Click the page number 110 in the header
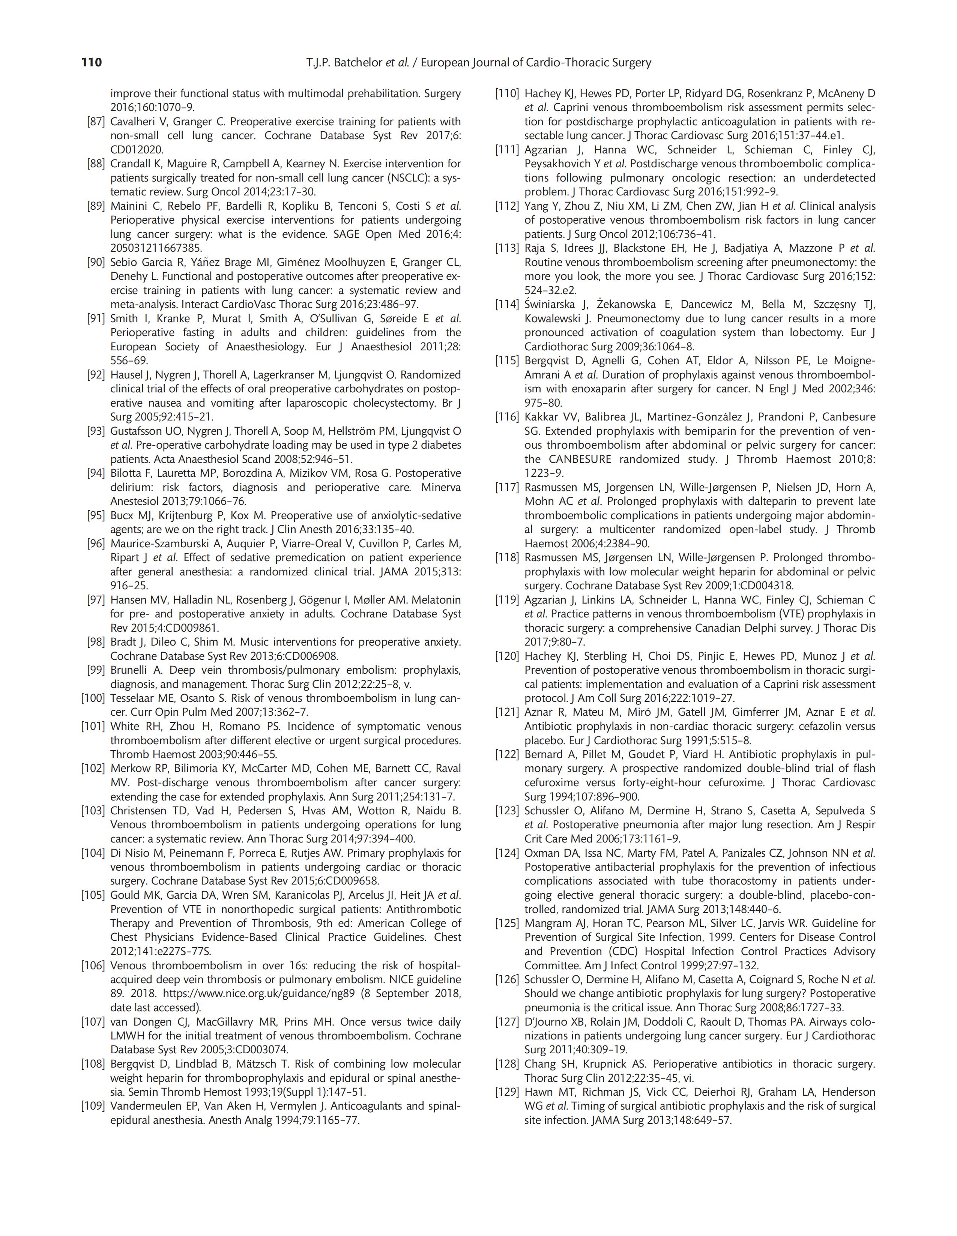[92, 63]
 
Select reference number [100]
[93, 698]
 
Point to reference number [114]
[507, 305]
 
